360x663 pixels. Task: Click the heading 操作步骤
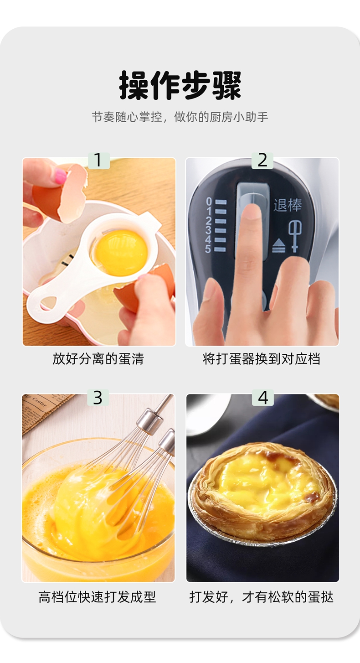180,85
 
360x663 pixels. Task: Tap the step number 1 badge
99,161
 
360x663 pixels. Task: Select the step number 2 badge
262,161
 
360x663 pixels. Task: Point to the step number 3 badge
98,398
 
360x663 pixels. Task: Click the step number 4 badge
262,398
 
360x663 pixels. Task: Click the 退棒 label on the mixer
287,205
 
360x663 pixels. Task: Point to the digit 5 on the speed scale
208,249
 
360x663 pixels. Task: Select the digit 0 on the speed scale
209,202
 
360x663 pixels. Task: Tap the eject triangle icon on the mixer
278,246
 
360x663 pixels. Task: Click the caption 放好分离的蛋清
98,359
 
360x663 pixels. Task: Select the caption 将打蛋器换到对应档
262,359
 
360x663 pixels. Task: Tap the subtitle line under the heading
180,117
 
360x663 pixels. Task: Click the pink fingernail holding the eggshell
61,177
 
